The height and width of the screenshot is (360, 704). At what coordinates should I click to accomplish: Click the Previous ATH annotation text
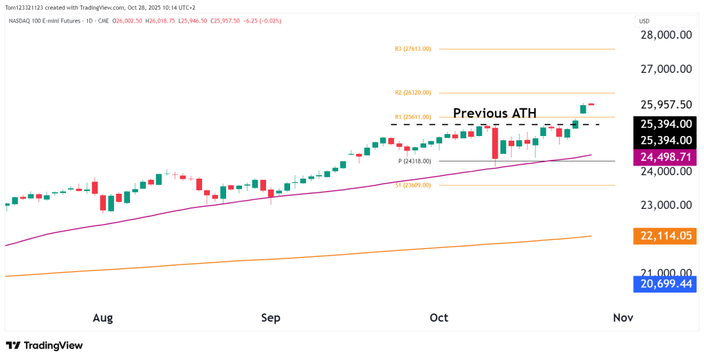[x=494, y=113]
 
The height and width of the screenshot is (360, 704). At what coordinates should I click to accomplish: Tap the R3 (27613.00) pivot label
[x=413, y=49]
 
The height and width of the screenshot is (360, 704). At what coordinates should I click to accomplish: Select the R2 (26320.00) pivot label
[x=413, y=92]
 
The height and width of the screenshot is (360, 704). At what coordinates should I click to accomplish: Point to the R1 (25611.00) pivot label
[x=413, y=117]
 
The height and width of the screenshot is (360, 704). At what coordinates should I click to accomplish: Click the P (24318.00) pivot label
[x=415, y=161]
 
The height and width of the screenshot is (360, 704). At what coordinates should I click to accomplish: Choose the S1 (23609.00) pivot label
[x=413, y=185]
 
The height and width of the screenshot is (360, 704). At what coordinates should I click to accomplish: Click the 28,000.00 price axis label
[x=665, y=35]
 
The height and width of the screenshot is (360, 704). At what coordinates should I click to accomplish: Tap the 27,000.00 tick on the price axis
[x=665, y=69]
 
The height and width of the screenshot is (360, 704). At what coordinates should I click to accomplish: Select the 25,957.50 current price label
[x=665, y=104]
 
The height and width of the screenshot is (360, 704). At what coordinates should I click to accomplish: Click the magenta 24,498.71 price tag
[x=665, y=157]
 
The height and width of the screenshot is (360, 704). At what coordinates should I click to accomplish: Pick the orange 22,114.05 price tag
[x=665, y=236]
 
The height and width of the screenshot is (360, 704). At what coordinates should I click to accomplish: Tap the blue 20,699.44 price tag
[x=665, y=283]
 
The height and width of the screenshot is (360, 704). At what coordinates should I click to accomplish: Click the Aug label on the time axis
[x=102, y=317]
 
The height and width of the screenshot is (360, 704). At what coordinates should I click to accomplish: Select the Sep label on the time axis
[x=271, y=317]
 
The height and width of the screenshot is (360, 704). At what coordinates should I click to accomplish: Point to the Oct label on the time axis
[x=439, y=317]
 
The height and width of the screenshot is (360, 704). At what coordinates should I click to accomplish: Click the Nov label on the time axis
[x=622, y=317]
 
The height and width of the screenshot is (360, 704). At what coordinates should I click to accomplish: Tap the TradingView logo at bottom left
[x=44, y=346]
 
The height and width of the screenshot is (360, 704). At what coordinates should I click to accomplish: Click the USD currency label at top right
[x=645, y=21]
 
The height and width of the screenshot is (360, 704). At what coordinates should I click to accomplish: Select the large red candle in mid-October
[x=494, y=142]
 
